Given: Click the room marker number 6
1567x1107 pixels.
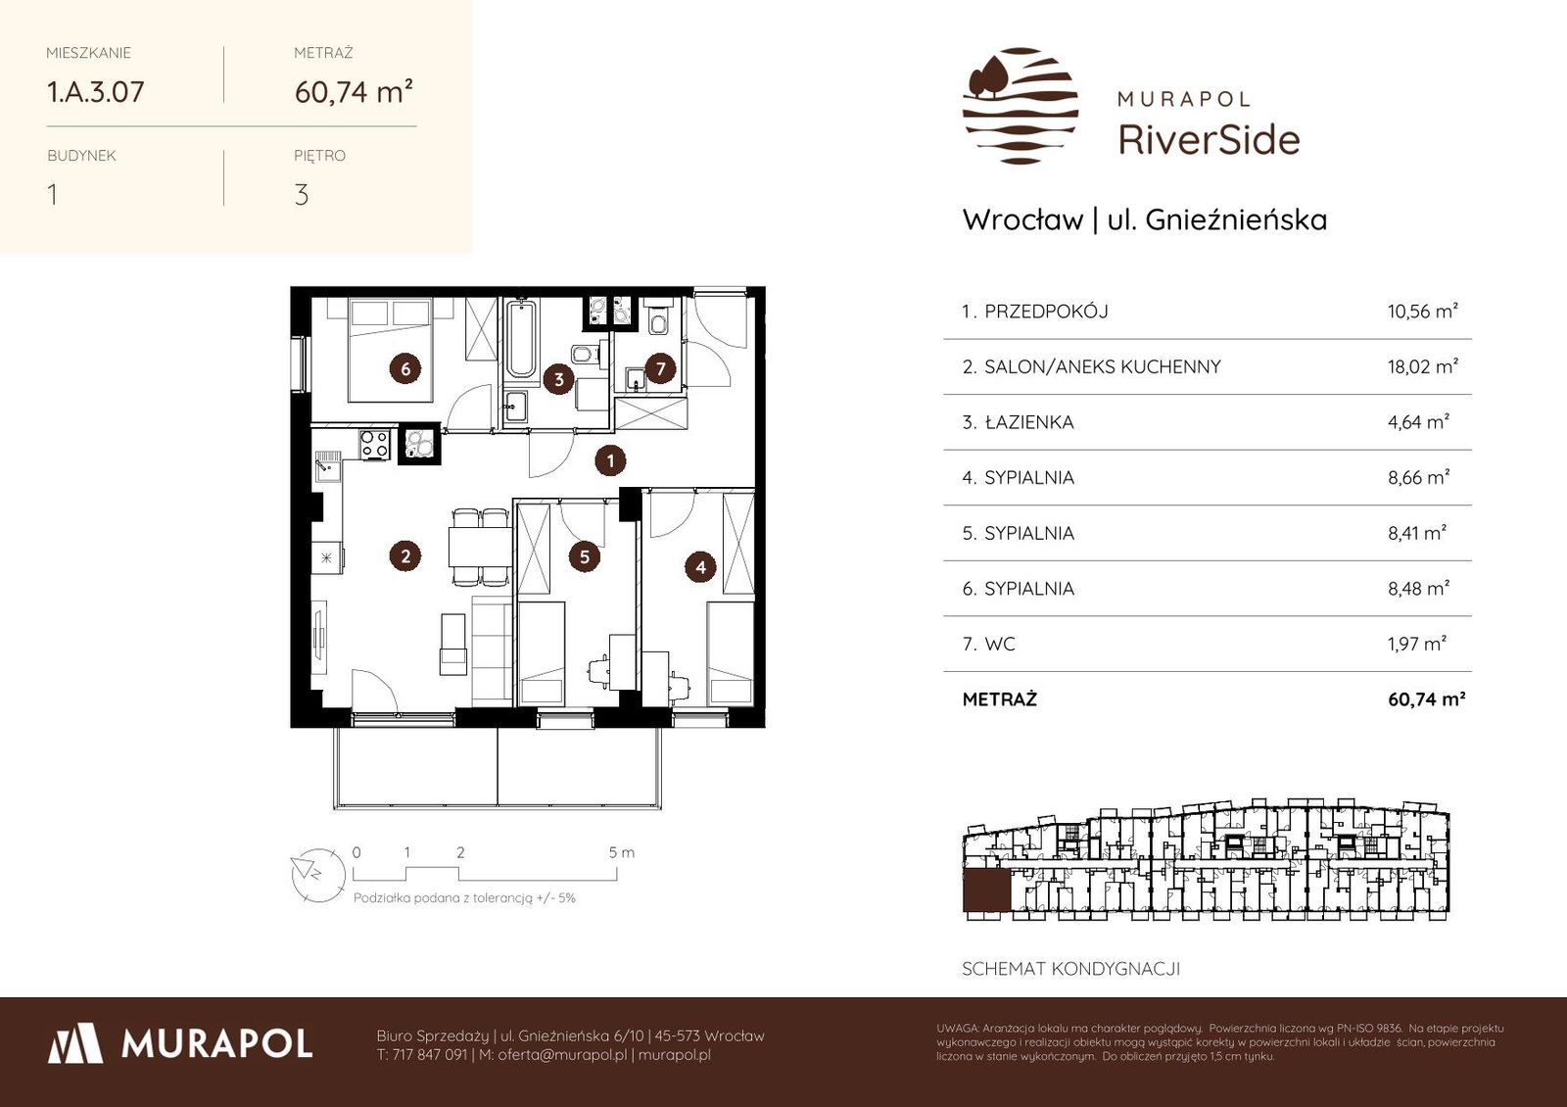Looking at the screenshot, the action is pyautogui.click(x=405, y=368).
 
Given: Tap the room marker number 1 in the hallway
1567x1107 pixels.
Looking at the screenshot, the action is pyautogui.click(x=610, y=460).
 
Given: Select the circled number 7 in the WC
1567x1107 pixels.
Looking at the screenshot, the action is pyautogui.click(x=660, y=367).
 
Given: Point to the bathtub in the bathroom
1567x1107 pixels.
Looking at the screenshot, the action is pyautogui.click(x=520, y=339).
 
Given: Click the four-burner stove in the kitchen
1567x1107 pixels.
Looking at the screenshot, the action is pyautogui.click(x=374, y=444).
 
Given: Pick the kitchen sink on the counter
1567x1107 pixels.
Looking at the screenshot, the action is pyautogui.click(x=327, y=466).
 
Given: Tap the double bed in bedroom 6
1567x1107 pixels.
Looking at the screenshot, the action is pyautogui.click(x=391, y=350).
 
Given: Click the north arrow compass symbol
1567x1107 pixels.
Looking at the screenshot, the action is pyautogui.click(x=318, y=875).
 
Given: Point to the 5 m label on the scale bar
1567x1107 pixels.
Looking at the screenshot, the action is pyautogui.click(x=621, y=852).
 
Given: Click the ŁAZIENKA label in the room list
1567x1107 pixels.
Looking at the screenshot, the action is pyautogui.click(x=1029, y=422).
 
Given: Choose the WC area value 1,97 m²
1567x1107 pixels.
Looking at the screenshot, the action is pyautogui.click(x=1416, y=644).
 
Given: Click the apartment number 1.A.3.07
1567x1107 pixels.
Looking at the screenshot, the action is pyautogui.click(x=95, y=92).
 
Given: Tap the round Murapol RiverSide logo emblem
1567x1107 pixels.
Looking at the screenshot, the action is pyautogui.click(x=1020, y=106).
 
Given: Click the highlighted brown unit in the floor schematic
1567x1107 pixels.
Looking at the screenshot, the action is pyautogui.click(x=986, y=890).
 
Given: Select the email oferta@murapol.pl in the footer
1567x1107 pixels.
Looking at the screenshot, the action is pyautogui.click(x=562, y=1054).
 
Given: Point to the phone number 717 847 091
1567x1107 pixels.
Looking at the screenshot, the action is pyautogui.click(x=430, y=1054).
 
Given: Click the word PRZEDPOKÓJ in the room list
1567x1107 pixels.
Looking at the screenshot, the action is pyautogui.click(x=1046, y=312).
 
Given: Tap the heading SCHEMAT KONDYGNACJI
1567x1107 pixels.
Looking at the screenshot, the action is pyautogui.click(x=1071, y=969).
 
